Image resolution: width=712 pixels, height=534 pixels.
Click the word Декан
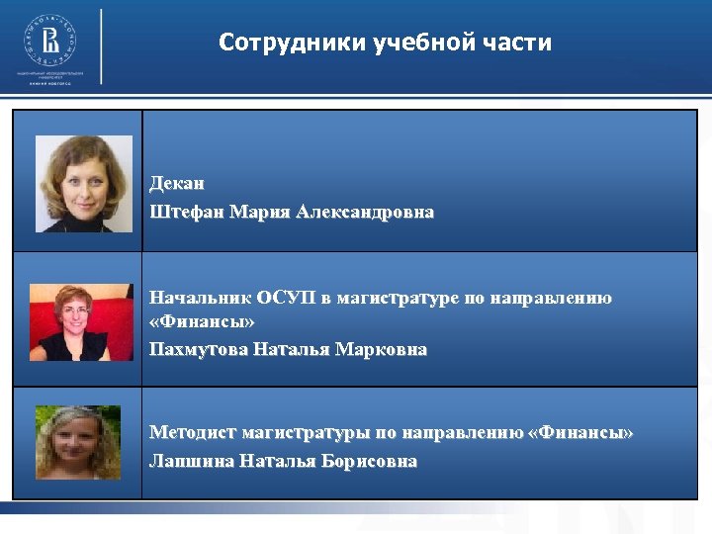[177, 184]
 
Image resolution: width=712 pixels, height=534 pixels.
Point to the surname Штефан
[186, 213]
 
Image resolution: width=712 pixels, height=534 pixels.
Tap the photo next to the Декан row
[84, 184]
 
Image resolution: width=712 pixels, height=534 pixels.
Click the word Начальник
[199, 298]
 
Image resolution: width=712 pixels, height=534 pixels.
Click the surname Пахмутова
[198, 349]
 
